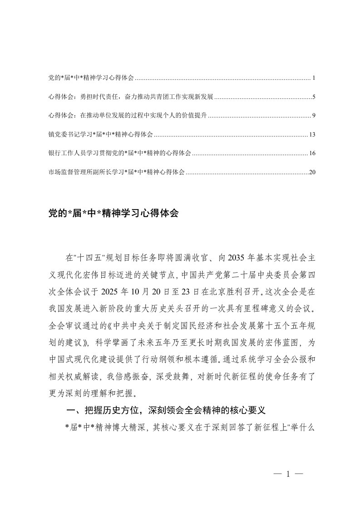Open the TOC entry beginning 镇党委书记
coord(100,135)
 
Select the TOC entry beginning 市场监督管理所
coord(116,172)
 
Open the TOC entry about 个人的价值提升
coord(128,116)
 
